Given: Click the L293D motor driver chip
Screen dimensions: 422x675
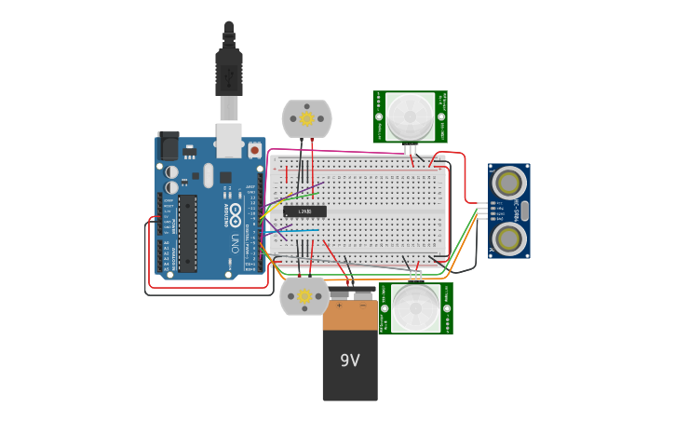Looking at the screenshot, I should tap(304, 211).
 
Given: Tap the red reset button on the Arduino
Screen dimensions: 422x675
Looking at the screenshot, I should tap(254, 149).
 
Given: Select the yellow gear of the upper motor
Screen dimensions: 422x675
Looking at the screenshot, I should tap(306, 118).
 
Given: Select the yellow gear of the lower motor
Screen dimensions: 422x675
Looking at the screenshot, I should tap(304, 296).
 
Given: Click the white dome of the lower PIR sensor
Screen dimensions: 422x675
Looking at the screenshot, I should tap(414, 308).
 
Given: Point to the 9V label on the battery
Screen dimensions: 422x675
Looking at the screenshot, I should tap(349, 360).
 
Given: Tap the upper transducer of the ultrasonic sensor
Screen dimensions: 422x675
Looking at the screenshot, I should tap(508, 181).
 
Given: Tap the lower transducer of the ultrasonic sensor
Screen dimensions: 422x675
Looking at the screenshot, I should tap(508, 239).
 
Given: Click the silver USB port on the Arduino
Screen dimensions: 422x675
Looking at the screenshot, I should tap(228, 141).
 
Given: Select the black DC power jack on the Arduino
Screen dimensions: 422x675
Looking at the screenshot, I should tap(169, 146).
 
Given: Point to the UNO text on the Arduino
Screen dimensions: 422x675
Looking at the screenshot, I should tap(235, 243).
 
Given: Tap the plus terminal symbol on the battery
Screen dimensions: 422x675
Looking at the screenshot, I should tap(339, 305).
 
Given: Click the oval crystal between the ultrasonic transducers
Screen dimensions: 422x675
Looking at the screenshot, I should tap(524, 211).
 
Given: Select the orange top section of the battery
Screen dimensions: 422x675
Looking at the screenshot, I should tap(350, 315).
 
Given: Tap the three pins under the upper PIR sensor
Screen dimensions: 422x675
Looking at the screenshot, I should tap(411, 148).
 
